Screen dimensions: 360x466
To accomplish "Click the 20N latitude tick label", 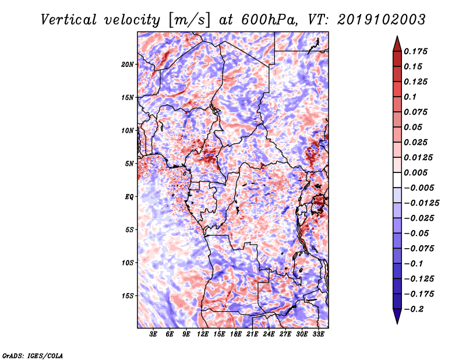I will (128, 64).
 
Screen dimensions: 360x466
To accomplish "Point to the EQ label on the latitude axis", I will (130, 197).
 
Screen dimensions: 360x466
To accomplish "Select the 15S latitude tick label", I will (128, 296).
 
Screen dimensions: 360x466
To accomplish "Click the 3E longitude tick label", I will (154, 334).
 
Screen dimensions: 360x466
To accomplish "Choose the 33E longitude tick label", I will (319, 334).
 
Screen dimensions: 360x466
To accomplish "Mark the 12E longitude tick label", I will (203, 334).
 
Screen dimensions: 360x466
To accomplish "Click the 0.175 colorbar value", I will (418, 51).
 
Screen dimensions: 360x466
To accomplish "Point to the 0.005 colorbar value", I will (418, 172).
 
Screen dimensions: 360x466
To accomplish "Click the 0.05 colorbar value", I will (416, 127).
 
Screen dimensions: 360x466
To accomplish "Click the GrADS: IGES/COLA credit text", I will (32, 355).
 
